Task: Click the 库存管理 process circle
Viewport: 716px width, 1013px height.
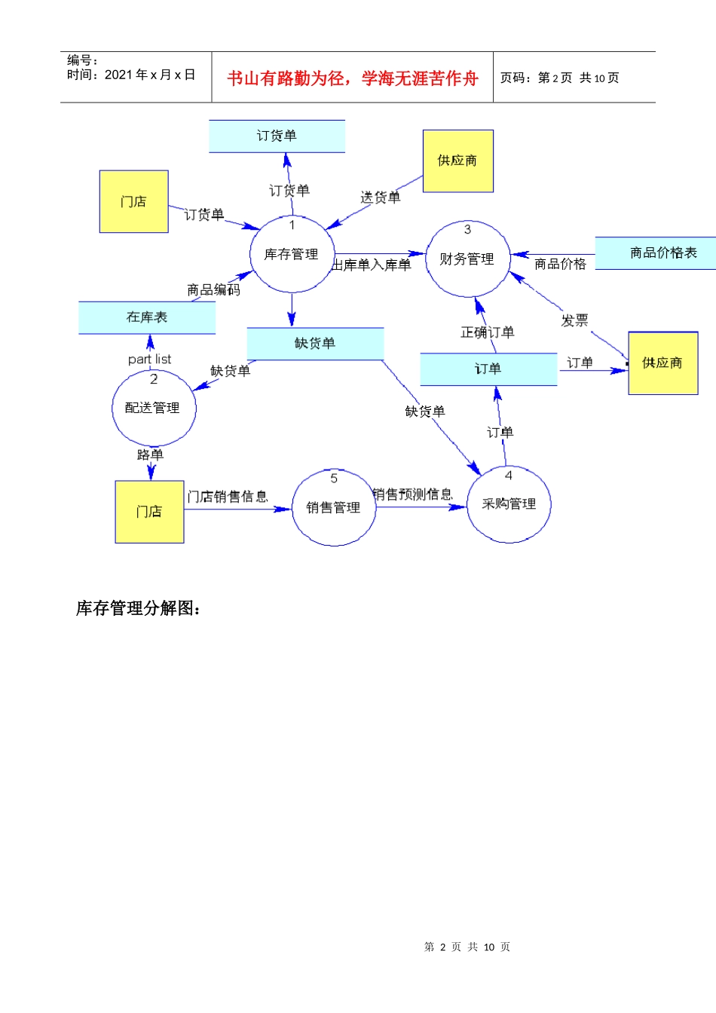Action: (x=292, y=255)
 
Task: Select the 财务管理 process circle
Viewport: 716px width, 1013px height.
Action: (x=467, y=259)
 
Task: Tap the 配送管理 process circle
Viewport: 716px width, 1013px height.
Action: (x=153, y=408)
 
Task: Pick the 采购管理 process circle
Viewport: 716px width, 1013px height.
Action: (x=509, y=503)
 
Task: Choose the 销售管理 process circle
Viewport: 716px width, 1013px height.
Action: (x=333, y=507)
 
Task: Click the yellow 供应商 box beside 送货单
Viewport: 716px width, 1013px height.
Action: (x=457, y=161)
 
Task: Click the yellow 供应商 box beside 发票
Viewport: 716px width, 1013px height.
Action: (x=662, y=363)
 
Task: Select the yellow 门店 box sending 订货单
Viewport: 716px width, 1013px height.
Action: (x=133, y=201)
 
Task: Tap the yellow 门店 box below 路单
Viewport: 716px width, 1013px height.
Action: (x=149, y=511)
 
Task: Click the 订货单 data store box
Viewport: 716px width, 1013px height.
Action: (x=277, y=136)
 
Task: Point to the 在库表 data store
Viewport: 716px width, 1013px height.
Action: (x=147, y=317)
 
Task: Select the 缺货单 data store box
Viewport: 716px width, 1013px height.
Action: (x=315, y=344)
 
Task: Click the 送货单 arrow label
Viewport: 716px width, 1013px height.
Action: (x=381, y=197)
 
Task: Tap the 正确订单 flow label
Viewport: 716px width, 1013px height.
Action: (x=488, y=332)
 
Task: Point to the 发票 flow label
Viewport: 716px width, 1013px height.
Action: (x=574, y=320)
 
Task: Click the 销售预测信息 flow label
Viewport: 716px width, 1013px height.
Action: (x=412, y=494)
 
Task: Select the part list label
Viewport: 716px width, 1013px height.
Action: (x=149, y=360)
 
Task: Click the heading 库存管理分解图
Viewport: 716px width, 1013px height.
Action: (x=139, y=608)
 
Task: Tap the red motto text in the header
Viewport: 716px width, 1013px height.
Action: (x=352, y=78)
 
